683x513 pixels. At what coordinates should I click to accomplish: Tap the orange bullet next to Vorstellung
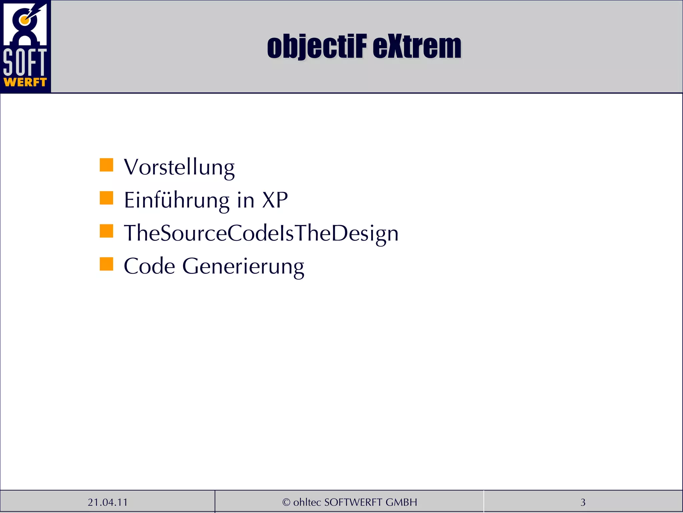coord(106,165)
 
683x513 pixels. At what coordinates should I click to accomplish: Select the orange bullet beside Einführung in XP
coord(106,198)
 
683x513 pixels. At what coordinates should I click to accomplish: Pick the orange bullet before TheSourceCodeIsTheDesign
coord(106,231)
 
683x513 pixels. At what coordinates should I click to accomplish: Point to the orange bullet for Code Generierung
coord(106,264)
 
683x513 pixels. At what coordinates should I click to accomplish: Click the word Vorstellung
coord(179,167)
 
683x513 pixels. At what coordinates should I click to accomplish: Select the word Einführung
coord(176,200)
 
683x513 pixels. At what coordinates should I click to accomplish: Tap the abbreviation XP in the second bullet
coord(275,200)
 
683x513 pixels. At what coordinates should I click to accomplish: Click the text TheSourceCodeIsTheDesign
coord(261,233)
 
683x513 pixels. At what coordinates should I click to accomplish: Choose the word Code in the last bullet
coord(149,266)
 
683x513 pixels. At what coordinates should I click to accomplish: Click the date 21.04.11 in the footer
coord(108,502)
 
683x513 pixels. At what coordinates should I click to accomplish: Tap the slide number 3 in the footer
coord(583,502)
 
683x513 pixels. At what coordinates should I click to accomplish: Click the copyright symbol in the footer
coord(286,502)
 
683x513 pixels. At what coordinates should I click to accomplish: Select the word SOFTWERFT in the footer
coord(353,502)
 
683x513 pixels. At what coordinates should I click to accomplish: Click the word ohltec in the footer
coord(307,502)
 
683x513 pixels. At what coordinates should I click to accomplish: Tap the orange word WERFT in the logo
coord(25,82)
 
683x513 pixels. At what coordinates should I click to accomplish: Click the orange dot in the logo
coord(24,20)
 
